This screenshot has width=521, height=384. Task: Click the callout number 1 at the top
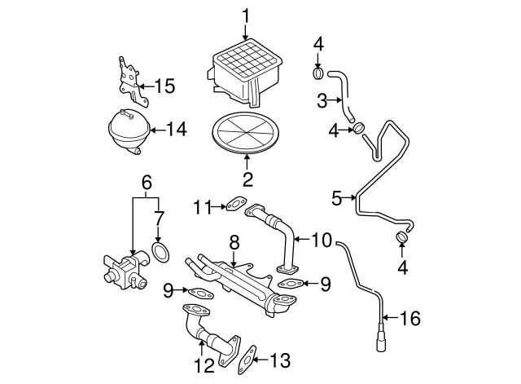[246, 14]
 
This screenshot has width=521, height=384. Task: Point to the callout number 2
[246, 179]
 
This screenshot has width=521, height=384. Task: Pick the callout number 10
[322, 240]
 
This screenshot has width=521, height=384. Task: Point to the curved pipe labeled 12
[210, 333]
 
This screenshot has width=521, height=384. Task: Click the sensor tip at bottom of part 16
[380, 341]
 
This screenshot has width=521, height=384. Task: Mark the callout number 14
[176, 128]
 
